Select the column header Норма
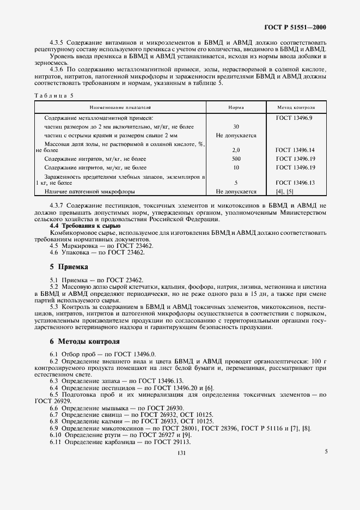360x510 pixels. tap(236, 108)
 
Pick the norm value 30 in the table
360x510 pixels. tap(236, 126)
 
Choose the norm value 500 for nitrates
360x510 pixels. tap(236, 159)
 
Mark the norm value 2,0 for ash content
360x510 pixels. tap(236, 149)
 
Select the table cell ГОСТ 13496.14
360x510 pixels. tap(295, 149)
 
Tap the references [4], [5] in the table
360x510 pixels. tap(285, 192)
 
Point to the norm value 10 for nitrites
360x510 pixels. tap(236, 167)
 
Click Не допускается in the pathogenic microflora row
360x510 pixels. tap(236, 192)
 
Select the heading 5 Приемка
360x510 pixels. tap(69, 267)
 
